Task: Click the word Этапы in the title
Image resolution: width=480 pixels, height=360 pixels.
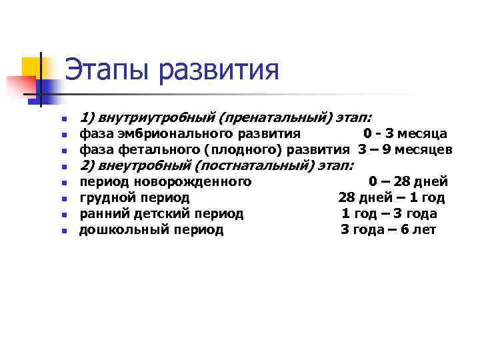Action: pyautogui.click(x=108, y=69)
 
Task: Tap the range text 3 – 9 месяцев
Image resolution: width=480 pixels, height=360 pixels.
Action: pyautogui.click(x=405, y=149)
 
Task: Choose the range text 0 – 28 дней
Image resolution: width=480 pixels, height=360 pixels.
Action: pyautogui.click(x=408, y=181)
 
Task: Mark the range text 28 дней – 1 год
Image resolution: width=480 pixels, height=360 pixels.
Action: pyautogui.click(x=391, y=197)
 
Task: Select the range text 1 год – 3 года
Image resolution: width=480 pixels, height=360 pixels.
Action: pyautogui.click(x=389, y=213)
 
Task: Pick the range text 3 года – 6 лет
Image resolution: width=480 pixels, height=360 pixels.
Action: pyautogui.click(x=389, y=230)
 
